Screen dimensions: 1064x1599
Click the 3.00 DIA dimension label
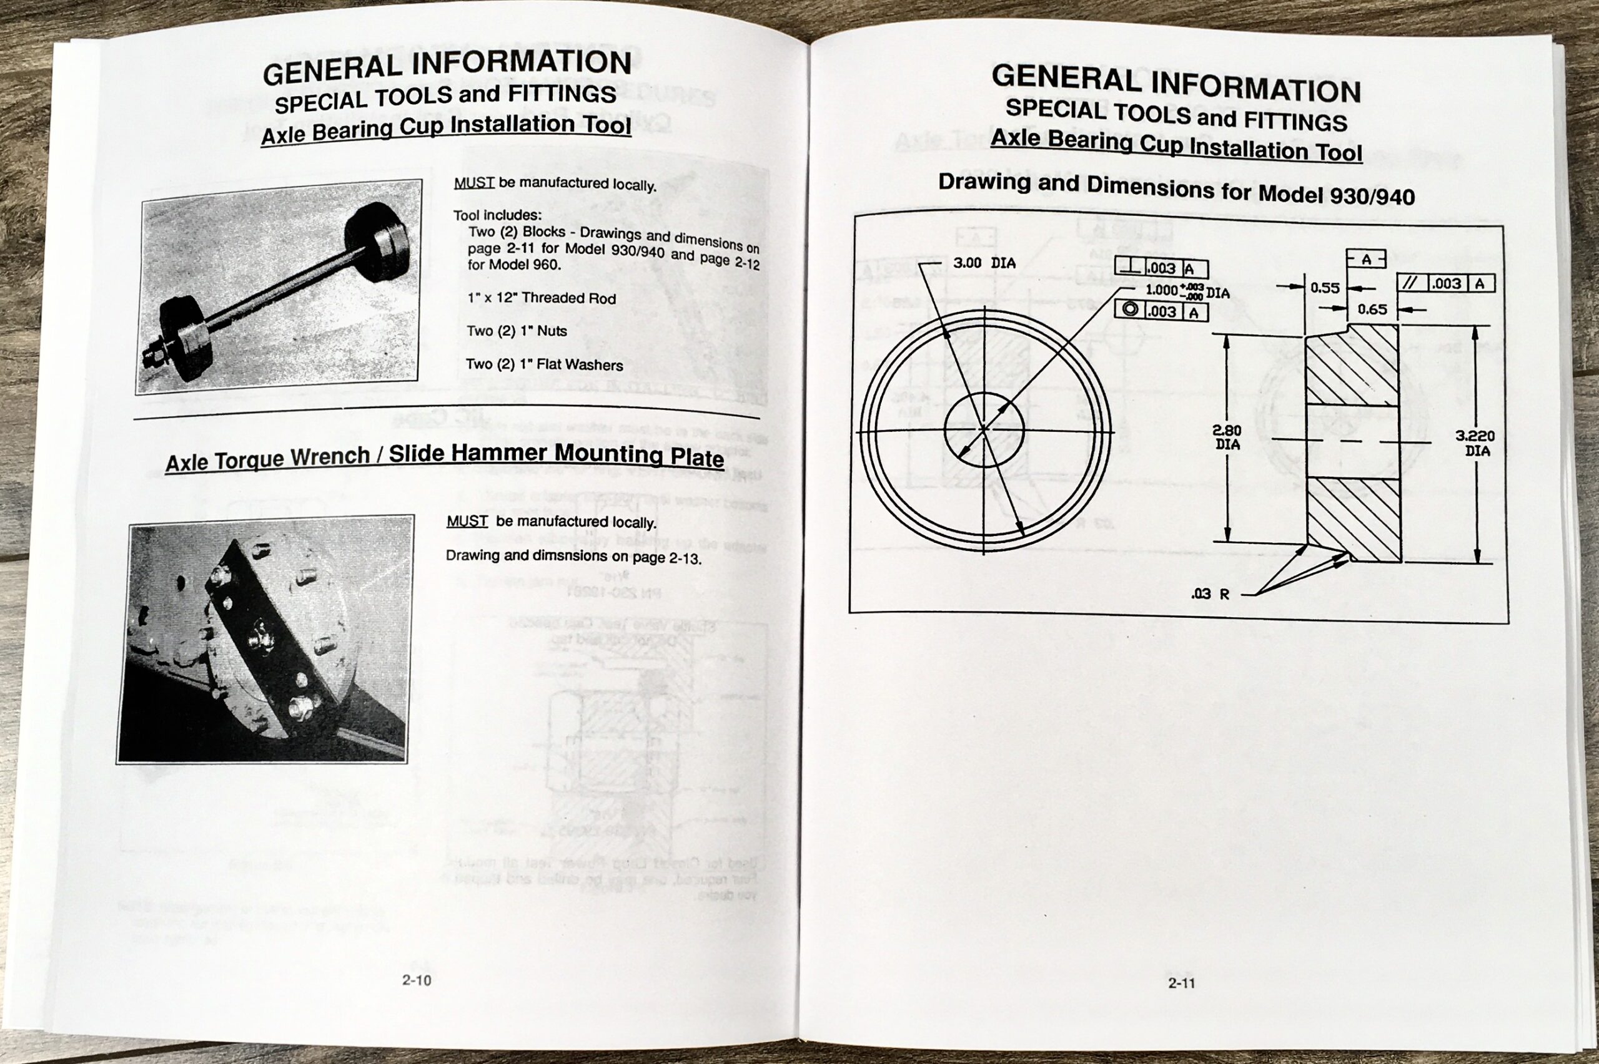[984, 263]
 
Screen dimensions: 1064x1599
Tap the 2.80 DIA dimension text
[1226, 437]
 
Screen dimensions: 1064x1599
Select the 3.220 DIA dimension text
[1475, 443]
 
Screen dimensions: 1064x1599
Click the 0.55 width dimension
[1324, 288]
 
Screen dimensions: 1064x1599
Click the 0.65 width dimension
[1372, 310]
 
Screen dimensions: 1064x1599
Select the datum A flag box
[1365, 259]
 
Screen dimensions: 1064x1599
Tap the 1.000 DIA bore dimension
[1187, 291]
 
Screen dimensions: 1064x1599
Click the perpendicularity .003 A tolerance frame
[1161, 268]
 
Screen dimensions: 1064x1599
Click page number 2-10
[416, 980]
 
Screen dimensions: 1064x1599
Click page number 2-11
[1181, 983]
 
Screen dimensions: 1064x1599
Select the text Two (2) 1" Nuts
[516, 331]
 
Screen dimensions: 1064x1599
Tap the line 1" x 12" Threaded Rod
[541, 298]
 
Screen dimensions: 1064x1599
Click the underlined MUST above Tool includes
[473, 183]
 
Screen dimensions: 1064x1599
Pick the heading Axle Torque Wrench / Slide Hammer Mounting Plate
[445, 457]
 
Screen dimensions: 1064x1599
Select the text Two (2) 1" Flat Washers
[544, 364]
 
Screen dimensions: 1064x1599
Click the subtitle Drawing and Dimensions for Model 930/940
[1176, 188]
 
